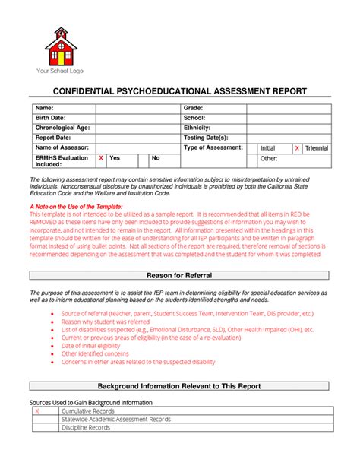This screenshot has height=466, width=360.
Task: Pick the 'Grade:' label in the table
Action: tap(195, 109)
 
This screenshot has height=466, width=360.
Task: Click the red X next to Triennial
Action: tap(297, 148)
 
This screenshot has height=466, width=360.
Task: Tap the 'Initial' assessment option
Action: tap(268, 148)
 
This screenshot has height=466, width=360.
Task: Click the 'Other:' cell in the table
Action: tap(269, 159)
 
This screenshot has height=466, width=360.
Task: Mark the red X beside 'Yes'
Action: tap(101, 157)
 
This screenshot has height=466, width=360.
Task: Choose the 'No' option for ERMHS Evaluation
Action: tap(156, 157)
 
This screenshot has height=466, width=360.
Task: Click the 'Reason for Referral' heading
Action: tap(179, 274)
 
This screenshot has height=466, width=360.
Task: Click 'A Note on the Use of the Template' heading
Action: tap(74, 206)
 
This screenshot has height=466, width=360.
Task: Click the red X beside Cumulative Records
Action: tap(36, 411)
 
